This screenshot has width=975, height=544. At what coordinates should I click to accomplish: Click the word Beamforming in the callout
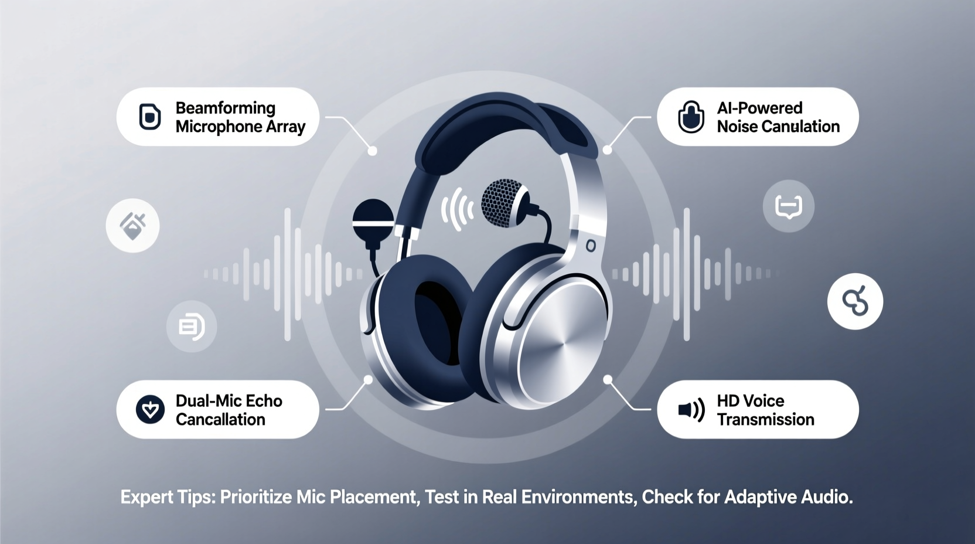(225, 108)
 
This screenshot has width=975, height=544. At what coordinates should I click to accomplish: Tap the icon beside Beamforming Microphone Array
(150, 117)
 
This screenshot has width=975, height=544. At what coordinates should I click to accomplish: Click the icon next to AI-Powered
(691, 117)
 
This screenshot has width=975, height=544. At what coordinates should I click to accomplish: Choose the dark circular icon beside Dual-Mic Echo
(150, 410)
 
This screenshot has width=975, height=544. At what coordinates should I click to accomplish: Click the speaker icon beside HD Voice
(691, 410)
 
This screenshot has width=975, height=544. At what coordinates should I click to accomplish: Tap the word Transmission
(765, 420)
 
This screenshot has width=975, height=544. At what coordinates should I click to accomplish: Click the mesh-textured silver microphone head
(503, 203)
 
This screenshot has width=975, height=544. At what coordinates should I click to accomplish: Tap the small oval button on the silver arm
(591, 246)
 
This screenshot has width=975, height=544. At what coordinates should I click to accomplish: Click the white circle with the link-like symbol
(855, 301)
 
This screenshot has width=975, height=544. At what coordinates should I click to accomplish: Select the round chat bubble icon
(788, 206)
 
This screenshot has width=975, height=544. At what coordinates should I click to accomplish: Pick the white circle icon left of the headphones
(132, 226)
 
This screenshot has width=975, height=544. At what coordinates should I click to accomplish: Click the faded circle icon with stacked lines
(192, 327)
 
